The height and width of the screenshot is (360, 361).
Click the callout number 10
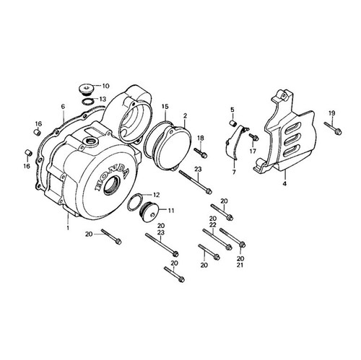(106, 86)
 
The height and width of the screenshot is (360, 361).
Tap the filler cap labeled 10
(86, 89)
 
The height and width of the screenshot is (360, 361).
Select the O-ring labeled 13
(87, 102)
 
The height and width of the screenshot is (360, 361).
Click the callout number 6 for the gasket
(63, 106)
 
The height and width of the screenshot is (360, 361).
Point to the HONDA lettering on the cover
(113, 177)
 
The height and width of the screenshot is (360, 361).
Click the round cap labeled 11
(148, 211)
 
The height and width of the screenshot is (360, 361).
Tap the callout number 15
(165, 106)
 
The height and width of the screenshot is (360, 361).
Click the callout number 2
(185, 115)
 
